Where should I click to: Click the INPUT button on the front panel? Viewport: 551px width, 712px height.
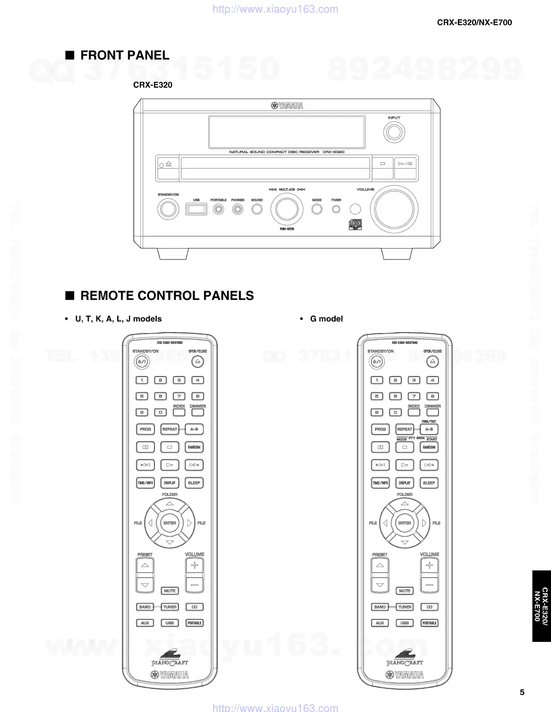coord(394,133)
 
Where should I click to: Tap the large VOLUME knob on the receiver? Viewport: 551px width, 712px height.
coord(394,209)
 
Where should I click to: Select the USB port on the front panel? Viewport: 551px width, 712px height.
coord(196,209)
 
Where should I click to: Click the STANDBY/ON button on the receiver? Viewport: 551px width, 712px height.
coord(168,209)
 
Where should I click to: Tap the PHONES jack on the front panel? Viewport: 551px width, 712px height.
coord(238,209)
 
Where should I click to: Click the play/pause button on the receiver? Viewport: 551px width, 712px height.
coord(406,164)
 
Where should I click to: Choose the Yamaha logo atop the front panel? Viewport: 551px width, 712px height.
coord(287,106)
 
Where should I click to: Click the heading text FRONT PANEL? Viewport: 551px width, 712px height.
coord(125,55)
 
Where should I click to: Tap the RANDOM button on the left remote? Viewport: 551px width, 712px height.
coord(194,447)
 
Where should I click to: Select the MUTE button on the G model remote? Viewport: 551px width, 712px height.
coord(405,591)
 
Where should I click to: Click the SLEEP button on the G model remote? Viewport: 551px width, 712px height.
coord(429,483)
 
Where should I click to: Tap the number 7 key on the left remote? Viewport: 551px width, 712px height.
coord(179,396)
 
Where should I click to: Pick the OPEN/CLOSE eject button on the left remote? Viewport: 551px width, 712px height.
coord(197,361)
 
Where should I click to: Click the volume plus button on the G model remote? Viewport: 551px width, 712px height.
coord(429,565)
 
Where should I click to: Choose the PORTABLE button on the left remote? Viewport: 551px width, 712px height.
coord(194,623)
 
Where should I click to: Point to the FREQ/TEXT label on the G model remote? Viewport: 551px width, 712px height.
coord(429,422)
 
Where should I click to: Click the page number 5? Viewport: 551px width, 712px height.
coord(522,692)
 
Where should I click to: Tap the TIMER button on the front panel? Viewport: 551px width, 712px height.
coord(336,209)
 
